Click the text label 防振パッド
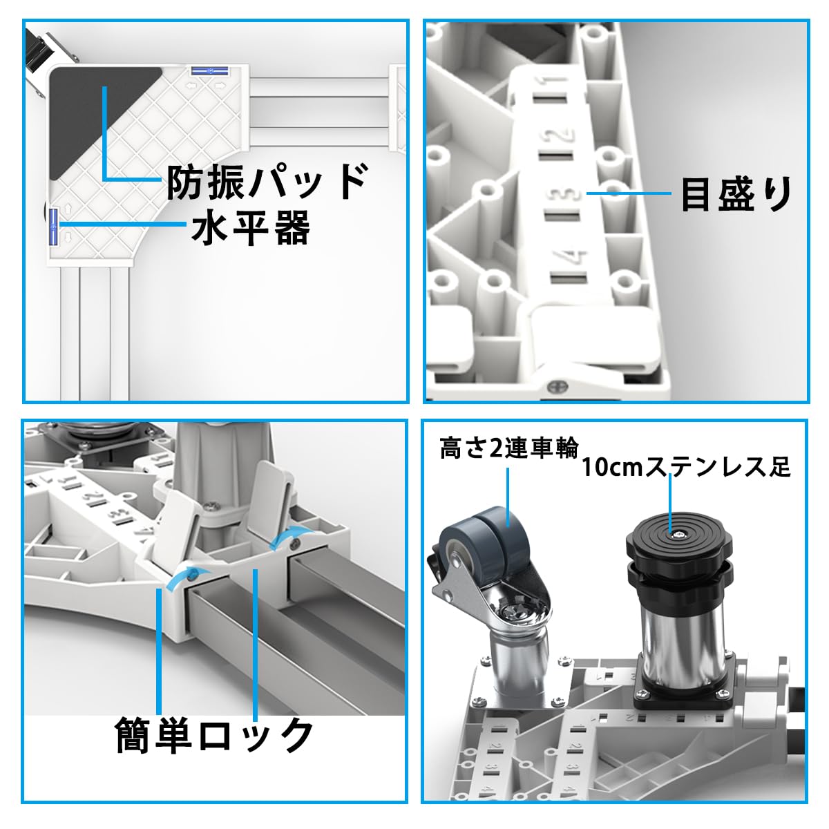tap(266, 182)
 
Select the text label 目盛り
tap(736, 194)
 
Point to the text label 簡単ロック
tap(215, 735)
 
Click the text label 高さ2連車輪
tap(509, 449)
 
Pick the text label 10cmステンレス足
tap(685, 467)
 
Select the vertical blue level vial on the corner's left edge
tap(51, 227)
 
